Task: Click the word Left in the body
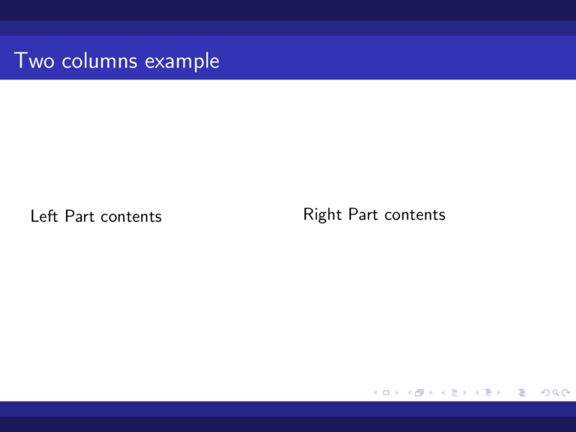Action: (x=43, y=217)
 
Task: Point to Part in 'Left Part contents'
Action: (x=79, y=217)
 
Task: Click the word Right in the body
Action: (x=322, y=215)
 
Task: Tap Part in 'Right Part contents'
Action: (x=363, y=215)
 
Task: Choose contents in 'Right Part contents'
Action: (x=414, y=215)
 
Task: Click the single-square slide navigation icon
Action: (x=385, y=391)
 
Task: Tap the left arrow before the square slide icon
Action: (x=376, y=391)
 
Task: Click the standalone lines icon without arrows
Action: (x=521, y=391)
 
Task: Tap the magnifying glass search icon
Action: (x=554, y=391)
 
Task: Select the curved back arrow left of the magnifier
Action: (x=544, y=391)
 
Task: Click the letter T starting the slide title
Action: (x=20, y=61)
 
